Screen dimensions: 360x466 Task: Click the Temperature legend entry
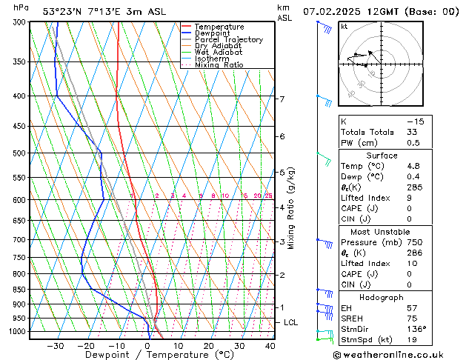click(x=219, y=27)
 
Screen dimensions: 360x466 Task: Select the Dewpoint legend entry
click(x=214, y=33)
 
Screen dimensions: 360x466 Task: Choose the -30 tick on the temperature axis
click(x=56, y=346)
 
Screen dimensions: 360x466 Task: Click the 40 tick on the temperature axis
click(x=270, y=346)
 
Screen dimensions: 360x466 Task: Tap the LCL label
click(x=291, y=323)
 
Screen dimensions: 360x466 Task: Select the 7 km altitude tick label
click(x=282, y=99)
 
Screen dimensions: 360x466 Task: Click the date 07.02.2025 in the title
click(x=331, y=11)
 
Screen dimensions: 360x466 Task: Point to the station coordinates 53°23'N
click(x=62, y=11)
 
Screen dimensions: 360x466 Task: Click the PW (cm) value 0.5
click(x=413, y=143)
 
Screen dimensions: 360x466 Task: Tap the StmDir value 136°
click(x=416, y=329)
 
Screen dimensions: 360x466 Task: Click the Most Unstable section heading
click(x=382, y=232)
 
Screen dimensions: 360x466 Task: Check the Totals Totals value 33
click(x=413, y=132)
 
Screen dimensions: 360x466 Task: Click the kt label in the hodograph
click(x=344, y=27)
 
